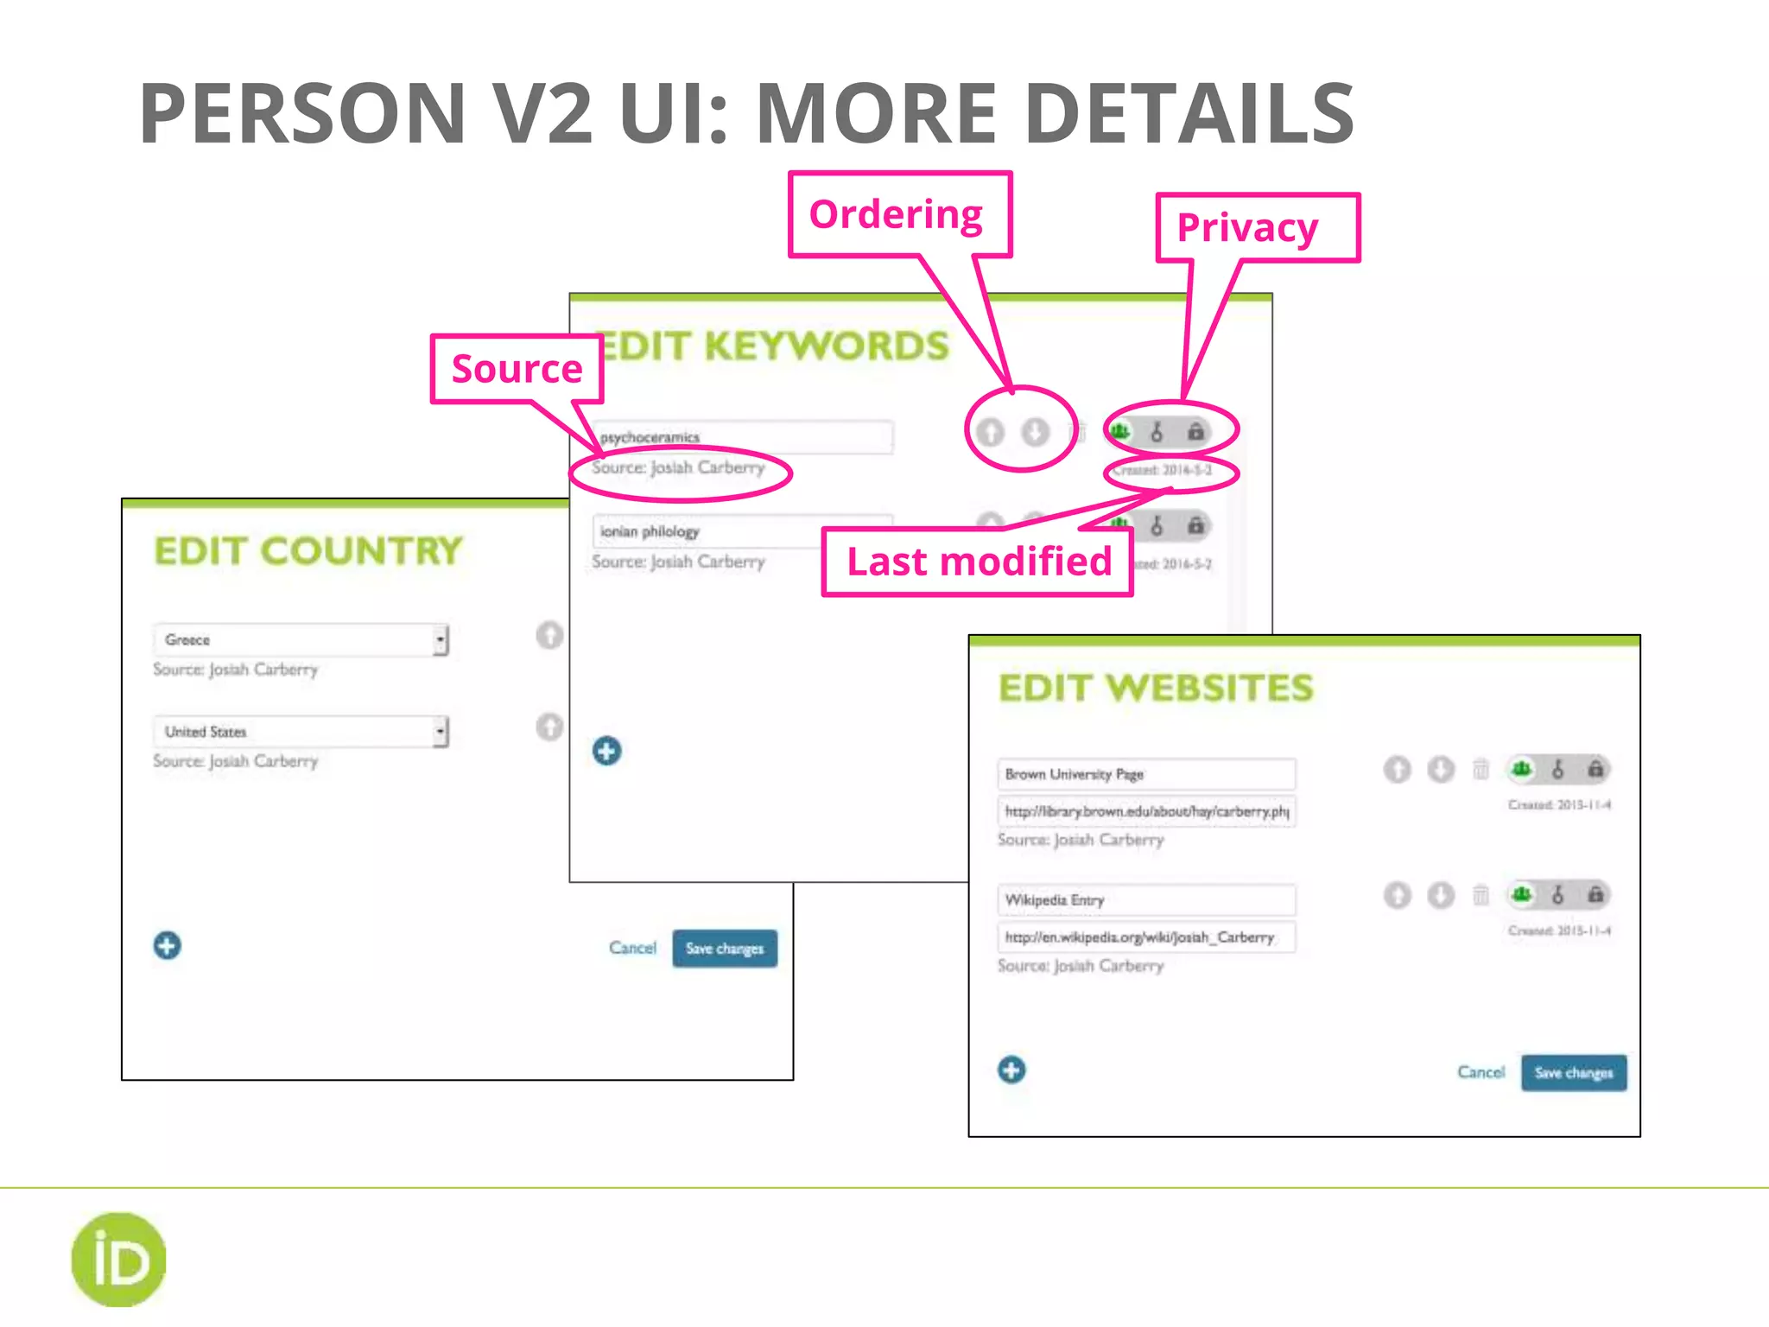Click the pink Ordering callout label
[898, 214]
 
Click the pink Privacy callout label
[1257, 228]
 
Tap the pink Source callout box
[517, 369]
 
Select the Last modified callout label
[977, 562]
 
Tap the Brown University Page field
[1145, 774]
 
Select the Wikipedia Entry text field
[1145, 900]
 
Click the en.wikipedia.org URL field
[1145, 937]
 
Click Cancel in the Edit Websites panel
[1481, 1072]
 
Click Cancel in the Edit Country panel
[632, 948]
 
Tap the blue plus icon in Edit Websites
[1011, 1070]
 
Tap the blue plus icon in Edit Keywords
[606, 751]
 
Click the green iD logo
[118, 1260]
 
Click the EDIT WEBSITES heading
[1156, 689]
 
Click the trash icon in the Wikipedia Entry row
[1481, 895]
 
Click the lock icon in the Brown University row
[1595, 769]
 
